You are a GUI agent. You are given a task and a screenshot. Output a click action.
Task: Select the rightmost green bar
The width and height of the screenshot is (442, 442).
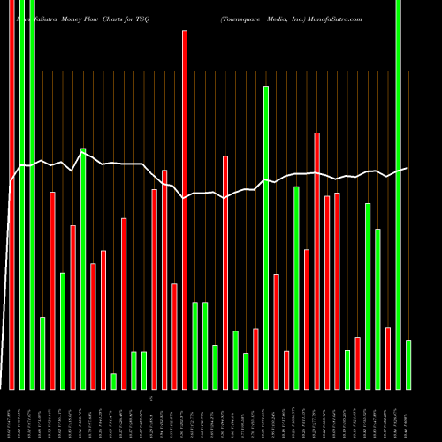pyautogui.click(x=408, y=364)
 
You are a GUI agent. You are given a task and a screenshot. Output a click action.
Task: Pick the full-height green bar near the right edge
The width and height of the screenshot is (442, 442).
pyautogui.click(x=399, y=194)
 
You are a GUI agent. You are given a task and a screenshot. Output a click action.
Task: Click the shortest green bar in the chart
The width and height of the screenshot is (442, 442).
pyautogui.click(x=113, y=381)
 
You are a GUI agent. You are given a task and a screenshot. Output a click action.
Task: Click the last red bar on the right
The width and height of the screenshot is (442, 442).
pyautogui.click(x=388, y=358)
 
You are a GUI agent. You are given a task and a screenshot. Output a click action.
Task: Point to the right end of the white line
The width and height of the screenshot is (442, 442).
pyautogui.click(x=408, y=168)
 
